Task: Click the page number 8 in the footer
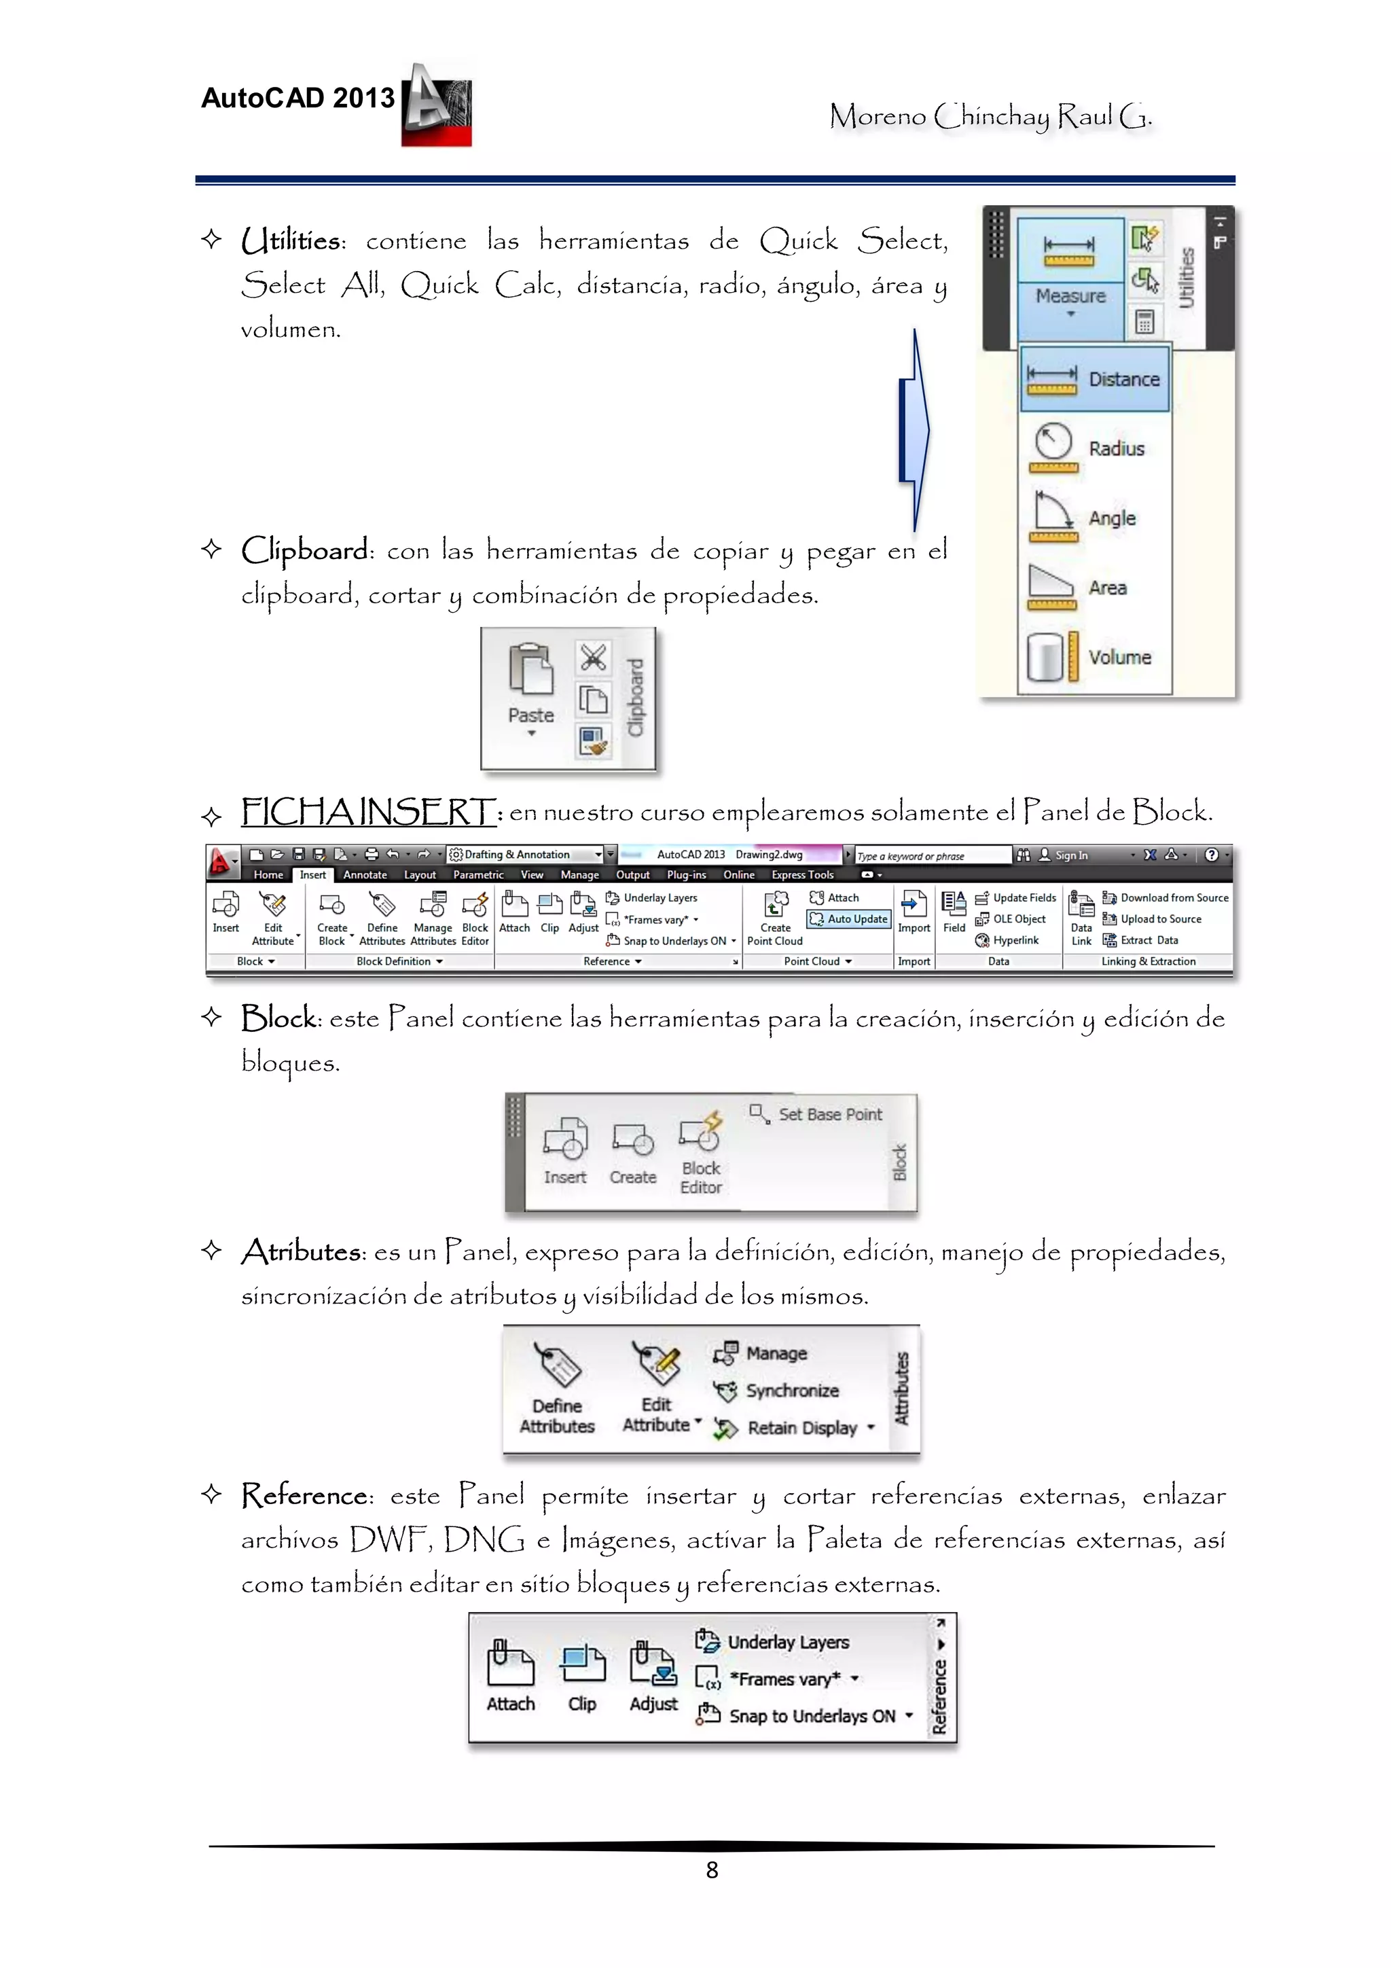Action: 711,1869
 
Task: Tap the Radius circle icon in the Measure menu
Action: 1053,442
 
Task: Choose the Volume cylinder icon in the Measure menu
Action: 1045,658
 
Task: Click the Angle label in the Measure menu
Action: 1112,518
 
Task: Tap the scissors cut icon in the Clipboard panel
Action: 593,658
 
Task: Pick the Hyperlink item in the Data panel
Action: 1015,940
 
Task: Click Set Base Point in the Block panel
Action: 829,1114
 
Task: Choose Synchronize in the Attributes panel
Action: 791,1391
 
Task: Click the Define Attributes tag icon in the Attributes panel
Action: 557,1365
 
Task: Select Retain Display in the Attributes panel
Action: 801,1428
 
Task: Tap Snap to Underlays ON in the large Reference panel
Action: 811,1716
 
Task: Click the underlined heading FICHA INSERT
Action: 369,812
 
